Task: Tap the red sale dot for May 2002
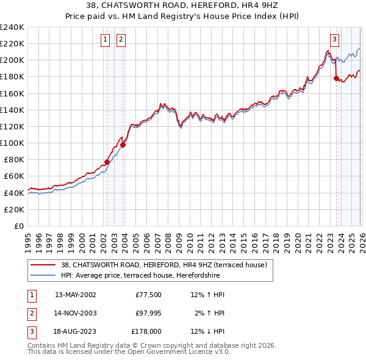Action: (x=107, y=162)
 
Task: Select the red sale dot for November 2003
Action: (x=123, y=145)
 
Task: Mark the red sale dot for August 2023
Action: (x=336, y=78)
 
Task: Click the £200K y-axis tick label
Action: (x=12, y=60)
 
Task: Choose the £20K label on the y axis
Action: (x=14, y=209)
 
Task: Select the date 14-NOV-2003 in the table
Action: (x=75, y=313)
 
